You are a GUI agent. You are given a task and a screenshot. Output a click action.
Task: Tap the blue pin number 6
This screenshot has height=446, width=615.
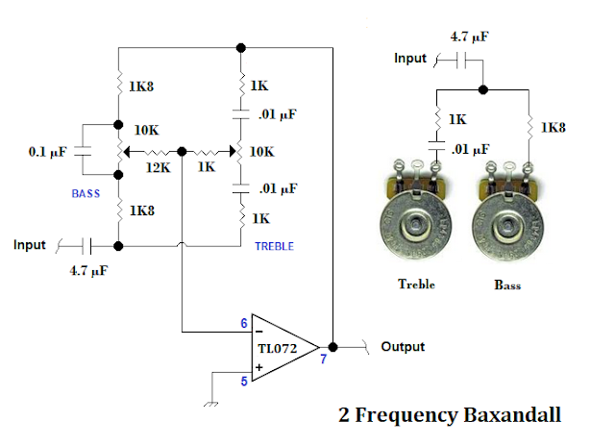tap(244, 323)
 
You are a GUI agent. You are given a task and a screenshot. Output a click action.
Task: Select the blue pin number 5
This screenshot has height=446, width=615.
tap(244, 382)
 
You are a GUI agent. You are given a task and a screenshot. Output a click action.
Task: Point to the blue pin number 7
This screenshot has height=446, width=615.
tap(323, 359)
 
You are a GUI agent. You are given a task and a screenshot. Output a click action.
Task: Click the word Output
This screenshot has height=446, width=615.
tap(403, 347)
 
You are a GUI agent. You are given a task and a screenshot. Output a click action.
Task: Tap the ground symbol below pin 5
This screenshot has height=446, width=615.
tap(210, 404)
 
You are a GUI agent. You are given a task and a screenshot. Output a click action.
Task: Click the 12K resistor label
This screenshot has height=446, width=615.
tap(158, 168)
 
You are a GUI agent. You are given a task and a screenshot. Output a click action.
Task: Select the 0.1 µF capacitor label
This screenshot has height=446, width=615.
tap(47, 152)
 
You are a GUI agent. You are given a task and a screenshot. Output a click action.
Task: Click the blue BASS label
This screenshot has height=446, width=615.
tap(86, 194)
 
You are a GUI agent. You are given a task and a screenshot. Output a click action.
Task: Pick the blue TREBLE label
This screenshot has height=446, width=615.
tap(274, 246)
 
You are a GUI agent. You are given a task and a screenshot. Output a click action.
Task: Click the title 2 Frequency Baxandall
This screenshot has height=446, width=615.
tap(450, 415)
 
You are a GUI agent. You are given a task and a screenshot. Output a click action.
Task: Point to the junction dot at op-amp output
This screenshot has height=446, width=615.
tap(332, 347)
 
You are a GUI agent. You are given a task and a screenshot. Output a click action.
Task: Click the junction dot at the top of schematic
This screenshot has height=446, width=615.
tap(241, 48)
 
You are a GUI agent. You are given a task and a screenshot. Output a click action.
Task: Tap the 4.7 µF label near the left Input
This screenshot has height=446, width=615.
tap(88, 271)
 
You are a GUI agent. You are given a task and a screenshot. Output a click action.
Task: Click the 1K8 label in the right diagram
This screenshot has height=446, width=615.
tap(553, 128)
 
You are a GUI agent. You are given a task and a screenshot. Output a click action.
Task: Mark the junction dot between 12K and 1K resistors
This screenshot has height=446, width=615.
tap(182, 152)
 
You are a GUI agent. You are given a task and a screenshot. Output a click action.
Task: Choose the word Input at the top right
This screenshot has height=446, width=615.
tap(410, 59)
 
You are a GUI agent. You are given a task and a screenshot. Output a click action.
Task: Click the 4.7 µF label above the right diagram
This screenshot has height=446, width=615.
tap(469, 37)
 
